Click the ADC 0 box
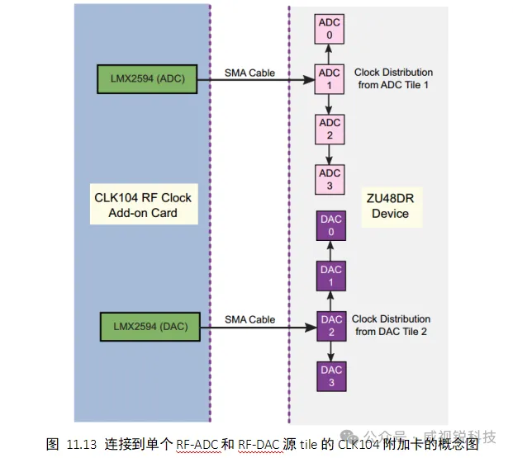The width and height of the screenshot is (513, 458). click(330, 29)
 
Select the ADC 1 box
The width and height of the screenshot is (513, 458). click(330, 78)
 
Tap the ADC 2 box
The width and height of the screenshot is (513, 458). click(330, 128)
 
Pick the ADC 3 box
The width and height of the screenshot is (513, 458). click(330, 178)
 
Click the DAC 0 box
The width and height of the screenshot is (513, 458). click(331, 225)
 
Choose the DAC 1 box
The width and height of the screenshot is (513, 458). click(331, 275)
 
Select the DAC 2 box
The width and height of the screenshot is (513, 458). click(331, 325)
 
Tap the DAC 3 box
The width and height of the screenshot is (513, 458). click(331, 375)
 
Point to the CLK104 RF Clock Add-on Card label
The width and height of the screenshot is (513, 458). click(143, 205)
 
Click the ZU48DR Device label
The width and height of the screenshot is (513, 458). click(390, 205)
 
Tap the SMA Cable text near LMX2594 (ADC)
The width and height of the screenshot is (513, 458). click(249, 73)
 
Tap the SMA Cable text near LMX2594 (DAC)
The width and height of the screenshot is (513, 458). click(249, 320)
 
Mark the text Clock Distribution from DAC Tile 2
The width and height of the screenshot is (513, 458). click(391, 325)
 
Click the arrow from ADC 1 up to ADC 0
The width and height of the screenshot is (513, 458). click(330, 53)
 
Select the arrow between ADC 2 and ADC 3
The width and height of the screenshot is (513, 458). click(330, 153)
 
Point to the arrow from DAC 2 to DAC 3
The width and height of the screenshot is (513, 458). click(331, 350)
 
